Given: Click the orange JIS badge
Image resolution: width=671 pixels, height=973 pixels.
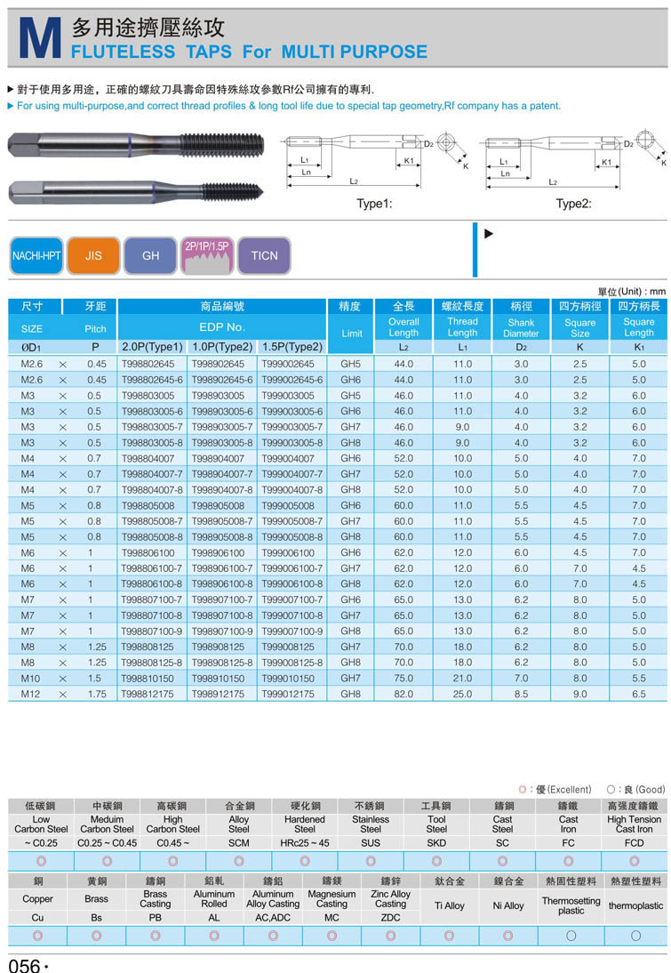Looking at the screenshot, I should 93,255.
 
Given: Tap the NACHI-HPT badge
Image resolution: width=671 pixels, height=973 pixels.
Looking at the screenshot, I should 36,255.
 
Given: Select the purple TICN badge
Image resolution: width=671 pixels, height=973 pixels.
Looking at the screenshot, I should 264,255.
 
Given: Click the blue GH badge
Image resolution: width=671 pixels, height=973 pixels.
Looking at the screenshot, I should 150,255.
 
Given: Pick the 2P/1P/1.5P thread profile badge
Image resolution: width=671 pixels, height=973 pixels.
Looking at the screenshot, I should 207,255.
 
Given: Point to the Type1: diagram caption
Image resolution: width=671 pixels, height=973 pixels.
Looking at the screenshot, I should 374,204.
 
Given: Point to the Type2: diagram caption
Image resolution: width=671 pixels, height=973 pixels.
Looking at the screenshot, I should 573,204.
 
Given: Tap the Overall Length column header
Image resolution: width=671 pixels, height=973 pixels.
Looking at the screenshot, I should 403,327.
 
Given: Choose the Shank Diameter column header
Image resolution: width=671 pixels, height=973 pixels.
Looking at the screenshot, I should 521,328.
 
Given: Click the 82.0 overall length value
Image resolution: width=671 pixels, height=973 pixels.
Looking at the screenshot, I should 403,694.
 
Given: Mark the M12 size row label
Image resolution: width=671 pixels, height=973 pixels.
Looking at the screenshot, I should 31,694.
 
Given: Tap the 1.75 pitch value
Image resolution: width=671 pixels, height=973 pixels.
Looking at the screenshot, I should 96,694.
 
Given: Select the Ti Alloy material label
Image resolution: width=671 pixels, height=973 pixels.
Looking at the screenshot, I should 449,905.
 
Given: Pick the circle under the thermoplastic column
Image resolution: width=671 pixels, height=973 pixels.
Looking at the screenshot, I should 635,936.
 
